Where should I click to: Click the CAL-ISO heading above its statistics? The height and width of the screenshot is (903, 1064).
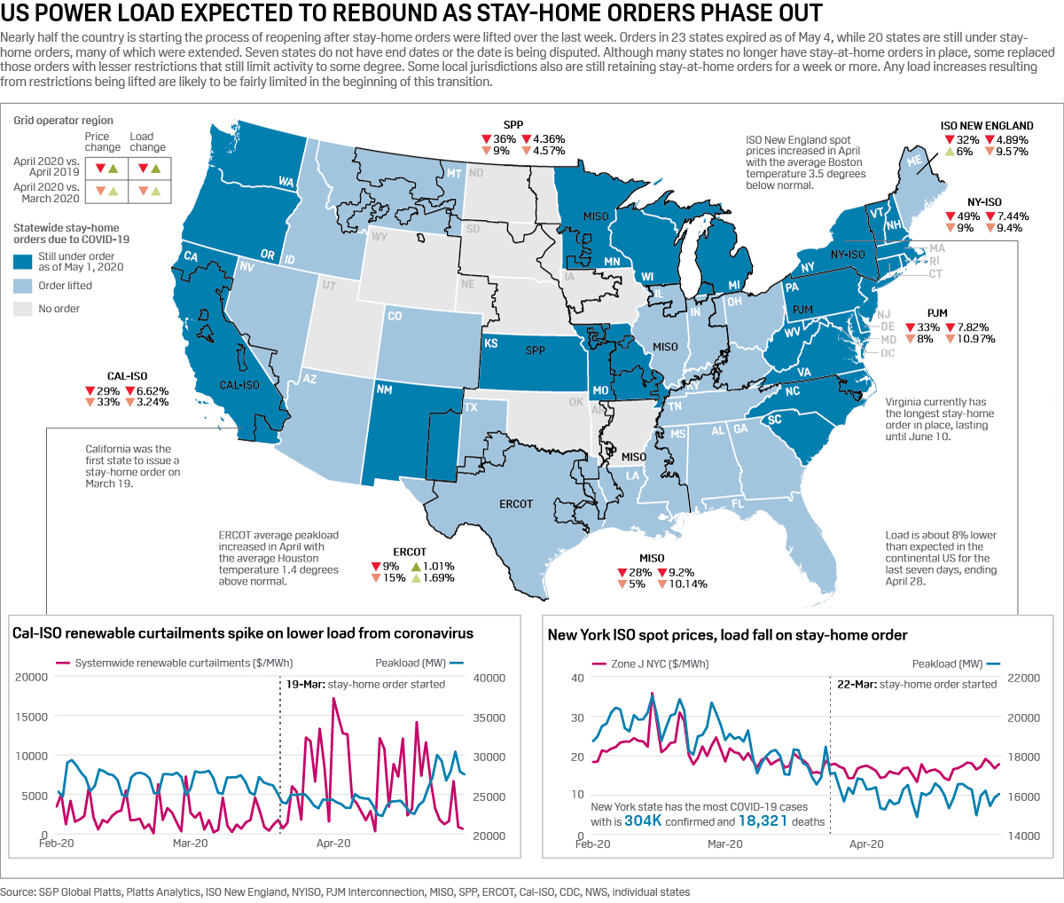pyautogui.click(x=127, y=376)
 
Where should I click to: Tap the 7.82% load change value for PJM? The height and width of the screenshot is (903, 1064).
pyautogui.click(x=973, y=327)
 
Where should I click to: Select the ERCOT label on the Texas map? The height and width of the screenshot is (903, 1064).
pyautogui.click(x=515, y=504)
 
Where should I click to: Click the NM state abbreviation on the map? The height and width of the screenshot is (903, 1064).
pyautogui.click(x=384, y=389)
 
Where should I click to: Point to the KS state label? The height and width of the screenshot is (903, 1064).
pyautogui.click(x=490, y=343)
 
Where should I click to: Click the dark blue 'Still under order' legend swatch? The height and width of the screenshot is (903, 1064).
pyautogui.click(x=22, y=261)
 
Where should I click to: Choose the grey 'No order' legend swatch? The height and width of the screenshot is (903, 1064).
pyautogui.click(x=22, y=309)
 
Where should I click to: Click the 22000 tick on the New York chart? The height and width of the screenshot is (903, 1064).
pyautogui.click(x=1023, y=678)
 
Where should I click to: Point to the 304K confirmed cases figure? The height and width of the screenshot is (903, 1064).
pyautogui.click(x=643, y=821)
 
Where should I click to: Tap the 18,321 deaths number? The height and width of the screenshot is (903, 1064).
pyautogui.click(x=763, y=821)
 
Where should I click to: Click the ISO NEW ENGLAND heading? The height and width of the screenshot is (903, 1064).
pyautogui.click(x=987, y=126)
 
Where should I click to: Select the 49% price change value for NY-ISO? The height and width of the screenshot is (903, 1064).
pyautogui.click(x=968, y=216)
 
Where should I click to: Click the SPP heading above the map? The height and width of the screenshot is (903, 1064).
pyautogui.click(x=512, y=125)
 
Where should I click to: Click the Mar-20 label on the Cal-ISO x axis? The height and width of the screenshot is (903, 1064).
pyautogui.click(x=190, y=844)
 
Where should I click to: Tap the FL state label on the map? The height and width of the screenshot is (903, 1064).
pyautogui.click(x=737, y=504)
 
